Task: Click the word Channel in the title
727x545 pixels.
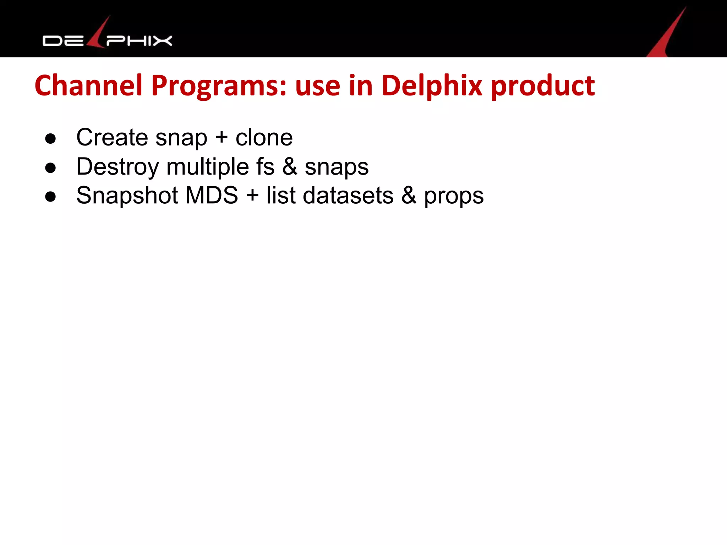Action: click(x=88, y=86)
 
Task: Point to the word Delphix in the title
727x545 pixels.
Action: click(x=432, y=86)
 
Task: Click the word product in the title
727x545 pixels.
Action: click(x=543, y=86)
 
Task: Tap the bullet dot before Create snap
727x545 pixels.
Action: click(x=50, y=138)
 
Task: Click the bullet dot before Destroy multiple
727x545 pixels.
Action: click(x=50, y=167)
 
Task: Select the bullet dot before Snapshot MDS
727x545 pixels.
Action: click(x=50, y=196)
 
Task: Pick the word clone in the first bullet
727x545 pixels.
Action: click(x=264, y=137)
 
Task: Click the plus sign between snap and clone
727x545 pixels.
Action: click(x=222, y=137)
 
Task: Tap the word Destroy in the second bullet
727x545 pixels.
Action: click(x=117, y=167)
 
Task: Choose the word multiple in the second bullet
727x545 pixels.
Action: click(x=208, y=167)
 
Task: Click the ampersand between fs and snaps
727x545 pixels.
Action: click(x=290, y=167)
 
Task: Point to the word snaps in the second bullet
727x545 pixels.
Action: click(x=337, y=167)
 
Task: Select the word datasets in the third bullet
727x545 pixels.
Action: click(x=348, y=196)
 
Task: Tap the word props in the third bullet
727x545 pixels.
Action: click(x=454, y=196)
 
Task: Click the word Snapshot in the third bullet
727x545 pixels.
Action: click(x=127, y=196)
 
